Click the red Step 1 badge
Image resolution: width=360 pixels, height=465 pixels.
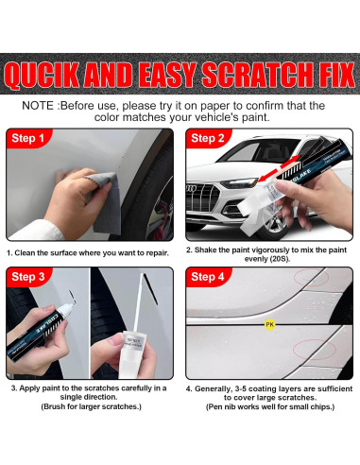[27, 138]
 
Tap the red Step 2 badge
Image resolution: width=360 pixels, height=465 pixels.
[208, 138]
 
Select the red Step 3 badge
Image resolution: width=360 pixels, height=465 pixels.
[28, 277]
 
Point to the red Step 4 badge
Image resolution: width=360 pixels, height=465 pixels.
[208, 277]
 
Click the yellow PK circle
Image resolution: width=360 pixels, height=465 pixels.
[269, 324]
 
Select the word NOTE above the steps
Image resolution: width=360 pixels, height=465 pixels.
[38, 106]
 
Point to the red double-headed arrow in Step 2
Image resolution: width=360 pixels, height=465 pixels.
[279, 168]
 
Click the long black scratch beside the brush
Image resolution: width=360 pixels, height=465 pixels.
[150, 289]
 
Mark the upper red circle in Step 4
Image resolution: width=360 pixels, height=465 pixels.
[312, 278]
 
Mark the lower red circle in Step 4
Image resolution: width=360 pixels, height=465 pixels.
[315, 350]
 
